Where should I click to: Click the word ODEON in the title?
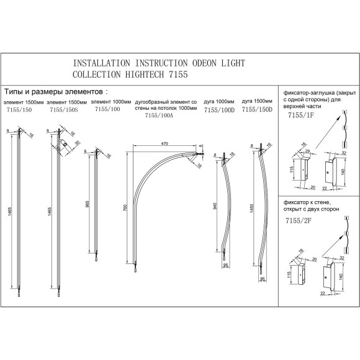[x=205, y=63]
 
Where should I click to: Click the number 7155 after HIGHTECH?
[x=178, y=74]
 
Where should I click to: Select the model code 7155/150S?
[x=64, y=110]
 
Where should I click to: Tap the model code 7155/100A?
[x=159, y=115]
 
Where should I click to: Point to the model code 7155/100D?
[x=220, y=110]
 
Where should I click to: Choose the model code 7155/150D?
[x=257, y=109]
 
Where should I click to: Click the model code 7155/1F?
[x=301, y=115]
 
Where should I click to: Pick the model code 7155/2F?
[x=299, y=220]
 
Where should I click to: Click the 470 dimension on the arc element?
[x=164, y=144]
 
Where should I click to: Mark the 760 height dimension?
[x=125, y=208]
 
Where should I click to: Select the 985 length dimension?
[x=87, y=204]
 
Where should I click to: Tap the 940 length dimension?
[x=215, y=206]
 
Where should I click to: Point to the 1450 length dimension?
[x=251, y=209]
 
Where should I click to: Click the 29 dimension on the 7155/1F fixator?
[x=308, y=151]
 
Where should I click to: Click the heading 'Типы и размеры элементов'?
[x=53, y=92]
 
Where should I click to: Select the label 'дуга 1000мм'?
[x=219, y=101]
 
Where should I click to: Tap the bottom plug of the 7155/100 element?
[x=96, y=260]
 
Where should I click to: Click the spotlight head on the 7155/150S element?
[x=65, y=144]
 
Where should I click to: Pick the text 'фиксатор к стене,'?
[x=307, y=203]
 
